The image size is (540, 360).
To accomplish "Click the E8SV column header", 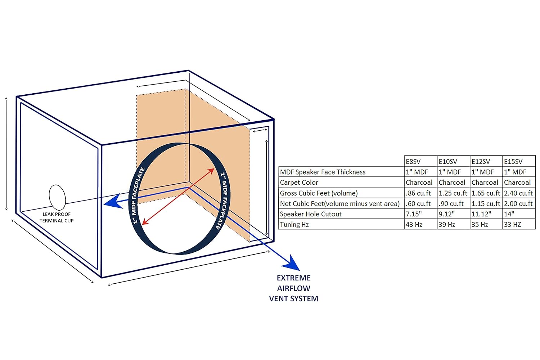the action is pyautogui.click(x=413, y=162).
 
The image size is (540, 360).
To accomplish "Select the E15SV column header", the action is pyautogui.click(x=513, y=162).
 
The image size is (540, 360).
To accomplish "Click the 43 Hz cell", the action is pyautogui.click(x=414, y=225).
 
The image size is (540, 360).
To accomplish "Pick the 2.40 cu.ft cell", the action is pyautogui.click(x=518, y=193).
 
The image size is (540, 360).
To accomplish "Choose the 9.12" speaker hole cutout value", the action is pyautogui.click(x=446, y=214).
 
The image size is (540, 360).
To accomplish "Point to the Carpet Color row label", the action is pyautogui.click(x=299, y=183).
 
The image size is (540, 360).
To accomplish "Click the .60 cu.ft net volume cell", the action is pyautogui.click(x=418, y=204).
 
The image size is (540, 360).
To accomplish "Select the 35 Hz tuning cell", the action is pyautogui.click(x=480, y=225).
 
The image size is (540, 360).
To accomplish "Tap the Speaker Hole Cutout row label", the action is pyautogui.click(x=311, y=214).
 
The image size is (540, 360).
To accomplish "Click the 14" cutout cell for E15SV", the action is pyautogui.click(x=509, y=214).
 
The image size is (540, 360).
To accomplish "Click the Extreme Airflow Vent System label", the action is pyautogui.click(x=294, y=288).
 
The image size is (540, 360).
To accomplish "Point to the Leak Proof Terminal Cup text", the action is pyautogui.click(x=57, y=217).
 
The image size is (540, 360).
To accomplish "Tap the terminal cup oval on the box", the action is pyautogui.click(x=57, y=197).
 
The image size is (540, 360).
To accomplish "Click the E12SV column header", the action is pyautogui.click(x=481, y=162).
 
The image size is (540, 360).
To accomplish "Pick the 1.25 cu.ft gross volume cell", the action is pyautogui.click(x=453, y=193).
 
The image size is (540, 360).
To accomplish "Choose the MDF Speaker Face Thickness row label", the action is pyautogui.click(x=323, y=172).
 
